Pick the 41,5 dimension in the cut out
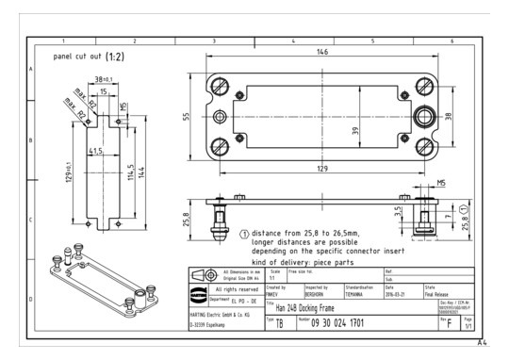pos(95,150)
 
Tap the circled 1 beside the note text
pos(245,232)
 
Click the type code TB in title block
pos(279,323)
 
